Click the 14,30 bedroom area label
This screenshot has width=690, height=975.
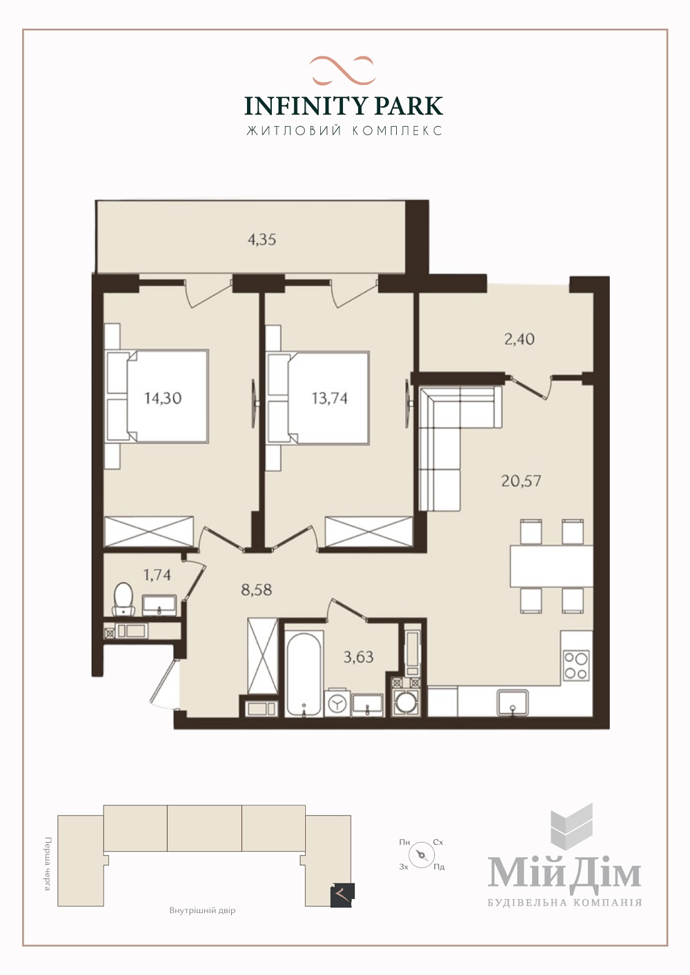pos(163,398)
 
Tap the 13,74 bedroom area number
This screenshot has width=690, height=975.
pos(330,398)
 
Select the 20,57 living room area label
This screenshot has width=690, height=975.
pos(521,481)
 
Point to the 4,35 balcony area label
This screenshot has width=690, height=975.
pos(262,239)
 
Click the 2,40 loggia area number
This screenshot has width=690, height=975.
pos(520,339)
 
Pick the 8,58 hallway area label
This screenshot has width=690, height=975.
pos(256,590)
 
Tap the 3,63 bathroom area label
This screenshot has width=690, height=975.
pos(359,657)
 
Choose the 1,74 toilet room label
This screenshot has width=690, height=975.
pos(157,575)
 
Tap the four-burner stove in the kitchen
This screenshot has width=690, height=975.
pos(576,665)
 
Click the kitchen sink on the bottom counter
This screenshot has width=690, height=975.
pos(513,702)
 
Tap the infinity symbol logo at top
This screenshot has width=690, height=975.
pos(342,70)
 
